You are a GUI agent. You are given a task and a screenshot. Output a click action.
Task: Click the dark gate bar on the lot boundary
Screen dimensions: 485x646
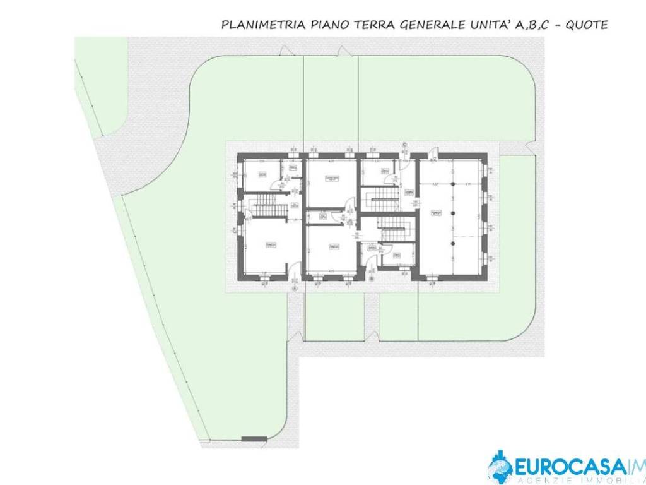pos(254,438)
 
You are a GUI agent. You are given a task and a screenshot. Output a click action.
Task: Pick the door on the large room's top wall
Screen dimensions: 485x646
pos(433,152)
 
